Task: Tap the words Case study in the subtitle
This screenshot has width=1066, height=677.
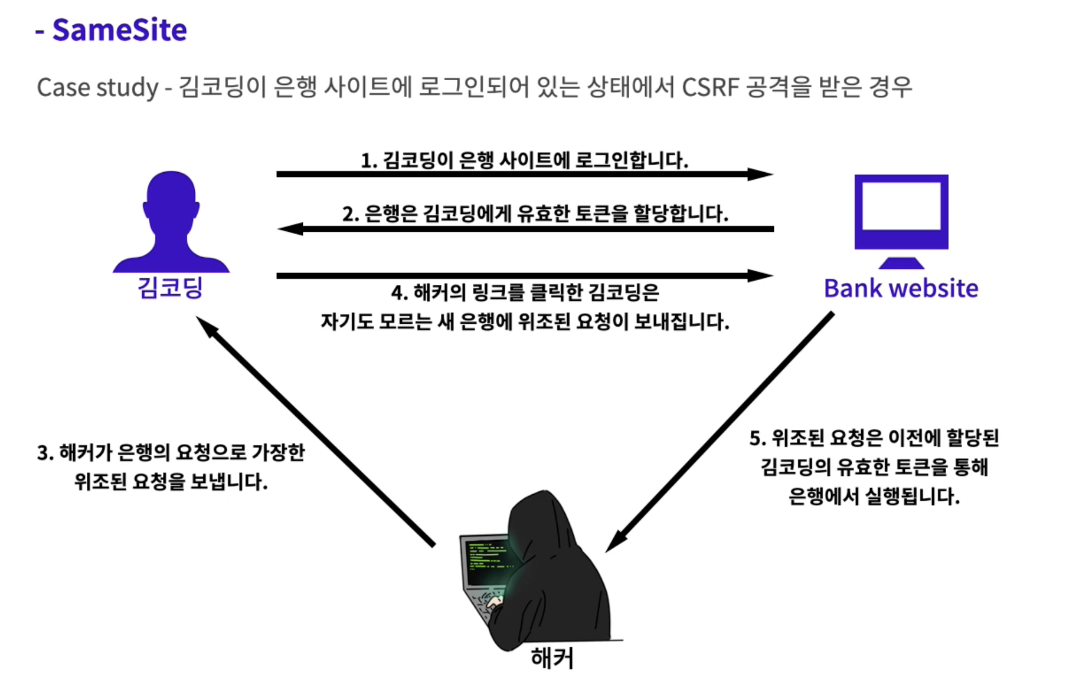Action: point(97,88)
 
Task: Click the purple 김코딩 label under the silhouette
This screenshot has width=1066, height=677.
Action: point(170,288)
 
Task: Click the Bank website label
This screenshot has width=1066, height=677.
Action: point(901,288)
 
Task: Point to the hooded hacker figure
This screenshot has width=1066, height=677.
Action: point(552,566)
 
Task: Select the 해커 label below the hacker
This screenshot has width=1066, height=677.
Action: point(552,658)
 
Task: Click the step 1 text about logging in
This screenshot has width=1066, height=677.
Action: point(524,160)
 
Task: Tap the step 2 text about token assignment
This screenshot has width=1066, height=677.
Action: point(535,213)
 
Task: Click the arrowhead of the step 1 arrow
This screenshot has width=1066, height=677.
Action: point(762,174)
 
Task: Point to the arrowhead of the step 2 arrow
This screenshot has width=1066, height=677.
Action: point(289,229)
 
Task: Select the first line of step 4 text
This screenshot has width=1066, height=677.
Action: point(525,292)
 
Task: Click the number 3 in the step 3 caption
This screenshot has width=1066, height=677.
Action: point(43,453)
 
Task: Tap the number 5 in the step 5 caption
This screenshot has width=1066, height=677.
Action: point(756,438)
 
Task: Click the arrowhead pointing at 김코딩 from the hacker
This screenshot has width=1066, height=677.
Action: point(205,325)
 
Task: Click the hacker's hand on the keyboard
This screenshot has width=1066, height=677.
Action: point(495,602)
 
